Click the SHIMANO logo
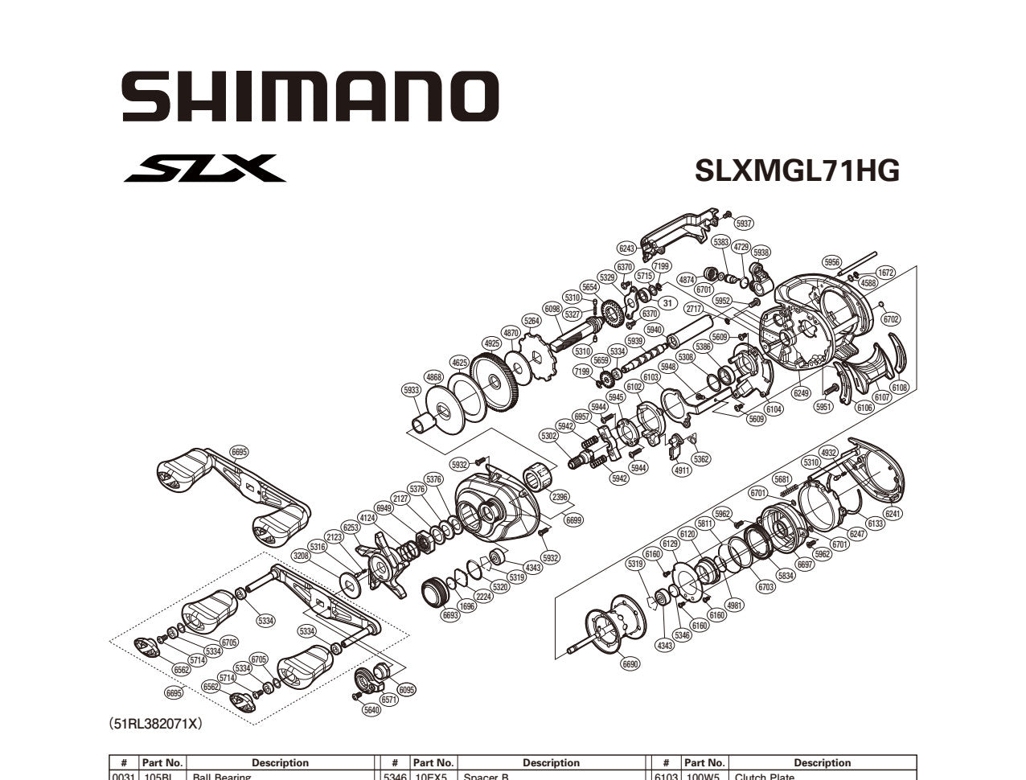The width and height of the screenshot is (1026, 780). point(310,96)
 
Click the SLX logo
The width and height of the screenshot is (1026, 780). point(205,169)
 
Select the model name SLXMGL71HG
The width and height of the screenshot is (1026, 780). point(797,170)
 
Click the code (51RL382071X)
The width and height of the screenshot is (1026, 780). point(155,724)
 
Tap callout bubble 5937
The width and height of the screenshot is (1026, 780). point(744,224)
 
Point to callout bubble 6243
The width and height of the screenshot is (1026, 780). point(627,248)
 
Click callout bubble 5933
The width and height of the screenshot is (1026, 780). point(411,390)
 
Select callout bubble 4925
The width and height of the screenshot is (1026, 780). point(492,343)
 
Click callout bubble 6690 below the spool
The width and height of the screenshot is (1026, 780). point(630,664)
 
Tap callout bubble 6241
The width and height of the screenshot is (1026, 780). point(893,513)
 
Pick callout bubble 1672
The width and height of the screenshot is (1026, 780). point(885,273)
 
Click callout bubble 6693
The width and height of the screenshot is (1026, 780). point(450,615)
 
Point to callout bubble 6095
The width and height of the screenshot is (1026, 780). point(407,689)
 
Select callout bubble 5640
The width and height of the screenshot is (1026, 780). point(371,709)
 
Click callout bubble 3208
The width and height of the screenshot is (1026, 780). point(302,555)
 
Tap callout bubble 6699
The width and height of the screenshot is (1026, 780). point(573,520)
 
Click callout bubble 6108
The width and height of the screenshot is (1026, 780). point(899,388)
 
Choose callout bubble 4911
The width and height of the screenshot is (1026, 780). point(681,470)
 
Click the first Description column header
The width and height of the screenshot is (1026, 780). point(280,762)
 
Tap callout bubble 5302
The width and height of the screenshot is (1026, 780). point(548,436)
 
